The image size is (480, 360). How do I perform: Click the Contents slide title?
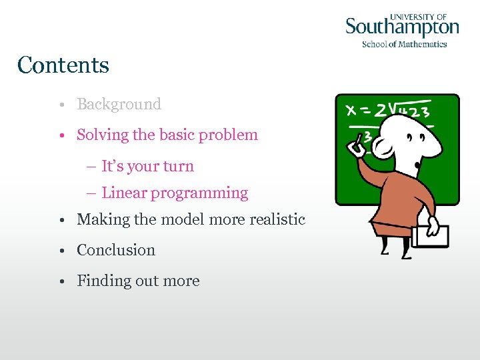pos(63,65)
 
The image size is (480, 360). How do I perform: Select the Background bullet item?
pos(119,105)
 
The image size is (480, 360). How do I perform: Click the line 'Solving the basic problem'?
pos(167,135)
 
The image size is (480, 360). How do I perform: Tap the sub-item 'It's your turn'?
pos(147,167)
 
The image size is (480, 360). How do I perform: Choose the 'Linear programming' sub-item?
pos(174,193)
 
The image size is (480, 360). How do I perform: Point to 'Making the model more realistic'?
pos(191,219)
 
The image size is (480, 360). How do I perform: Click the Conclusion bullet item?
pos(116,250)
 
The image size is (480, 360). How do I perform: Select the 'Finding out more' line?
pos(138,281)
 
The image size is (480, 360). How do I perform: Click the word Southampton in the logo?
pos(402,28)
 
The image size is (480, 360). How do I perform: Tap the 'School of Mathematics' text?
pos(404,44)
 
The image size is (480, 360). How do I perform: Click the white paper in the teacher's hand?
pos(430,235)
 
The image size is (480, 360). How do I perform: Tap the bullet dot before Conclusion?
pos(61,251)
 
